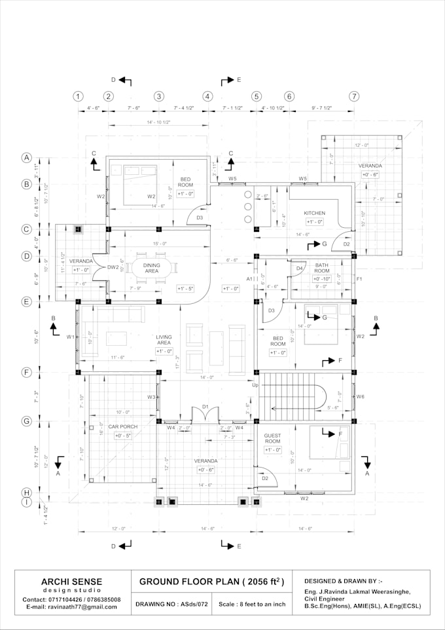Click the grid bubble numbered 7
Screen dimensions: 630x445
coord(354,96)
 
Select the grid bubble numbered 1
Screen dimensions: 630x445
coord(78,96)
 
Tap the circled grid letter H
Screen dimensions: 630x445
coord(26,492)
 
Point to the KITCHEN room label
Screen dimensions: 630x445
coord(314,213)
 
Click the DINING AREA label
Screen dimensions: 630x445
coord(151,267)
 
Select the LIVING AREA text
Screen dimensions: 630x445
coord(164,340)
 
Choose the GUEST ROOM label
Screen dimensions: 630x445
coord(272,438)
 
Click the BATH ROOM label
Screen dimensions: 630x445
coord(321,268)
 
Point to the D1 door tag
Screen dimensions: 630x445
coord(205,407)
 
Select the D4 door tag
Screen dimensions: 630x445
coord(299,268)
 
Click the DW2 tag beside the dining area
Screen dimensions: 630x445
coord(113,267)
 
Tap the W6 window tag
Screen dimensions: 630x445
coord(360,397)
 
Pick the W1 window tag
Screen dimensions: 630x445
coord(69,337)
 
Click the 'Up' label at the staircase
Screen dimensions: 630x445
coord(255,384)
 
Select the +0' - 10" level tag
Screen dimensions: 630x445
coord(321,279)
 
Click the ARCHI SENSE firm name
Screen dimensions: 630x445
coord(71,582)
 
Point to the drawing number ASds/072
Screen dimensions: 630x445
coord(172,604)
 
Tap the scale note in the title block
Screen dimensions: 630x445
coord(252,604)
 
